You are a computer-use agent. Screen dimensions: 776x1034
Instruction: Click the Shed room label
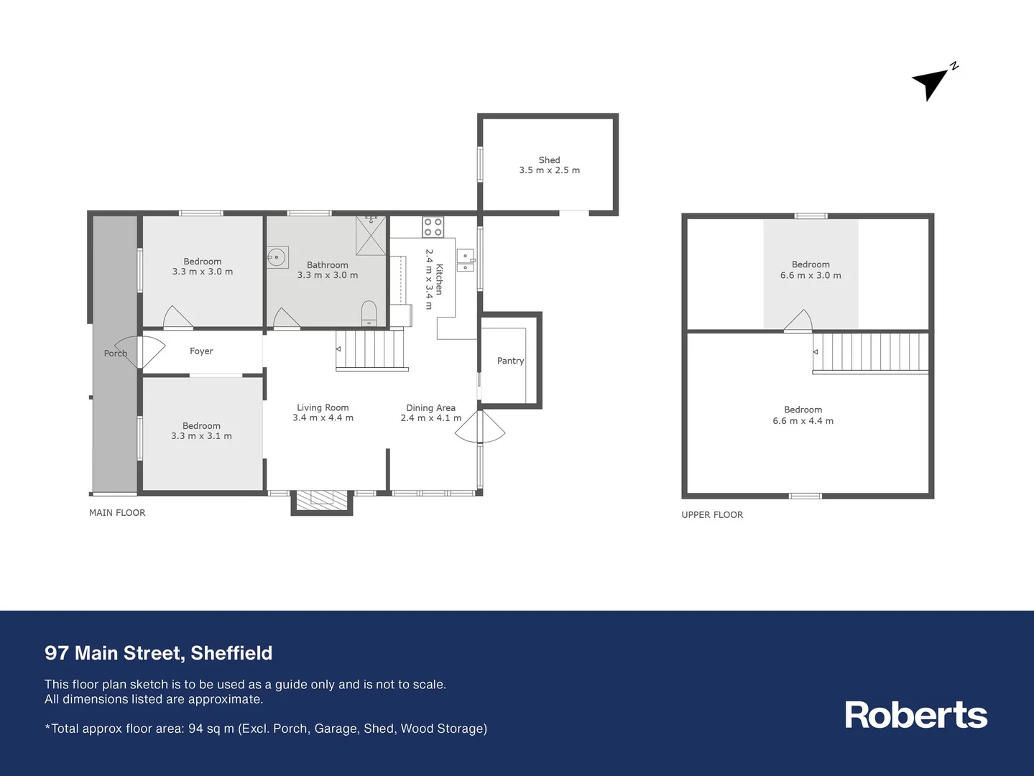549,160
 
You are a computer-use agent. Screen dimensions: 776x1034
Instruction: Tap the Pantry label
510,361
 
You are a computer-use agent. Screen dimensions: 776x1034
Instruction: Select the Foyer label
201,351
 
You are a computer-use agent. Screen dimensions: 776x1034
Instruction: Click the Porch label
115,354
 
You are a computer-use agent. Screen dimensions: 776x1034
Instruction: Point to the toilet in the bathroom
369,313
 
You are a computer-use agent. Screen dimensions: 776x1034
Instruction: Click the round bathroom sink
277,257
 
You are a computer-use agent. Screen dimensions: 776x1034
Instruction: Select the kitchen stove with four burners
433,227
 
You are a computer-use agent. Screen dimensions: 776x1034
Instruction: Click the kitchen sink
465,260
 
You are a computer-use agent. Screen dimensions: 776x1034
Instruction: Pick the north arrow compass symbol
933,81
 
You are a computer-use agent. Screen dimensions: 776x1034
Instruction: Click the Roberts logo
915,715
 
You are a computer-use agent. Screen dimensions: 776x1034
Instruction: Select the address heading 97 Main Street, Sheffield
159,653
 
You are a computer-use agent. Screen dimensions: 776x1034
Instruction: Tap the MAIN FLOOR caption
117,513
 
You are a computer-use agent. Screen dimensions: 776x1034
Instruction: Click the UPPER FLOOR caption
712,515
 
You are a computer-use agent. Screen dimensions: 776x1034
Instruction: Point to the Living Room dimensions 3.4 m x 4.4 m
323,418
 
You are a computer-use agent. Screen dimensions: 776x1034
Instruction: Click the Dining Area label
430,408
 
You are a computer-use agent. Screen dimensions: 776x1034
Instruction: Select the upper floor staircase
871,352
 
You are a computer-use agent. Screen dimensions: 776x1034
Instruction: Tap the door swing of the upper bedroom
798,322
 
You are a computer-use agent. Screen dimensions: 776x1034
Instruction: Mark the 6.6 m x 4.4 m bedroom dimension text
803,421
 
